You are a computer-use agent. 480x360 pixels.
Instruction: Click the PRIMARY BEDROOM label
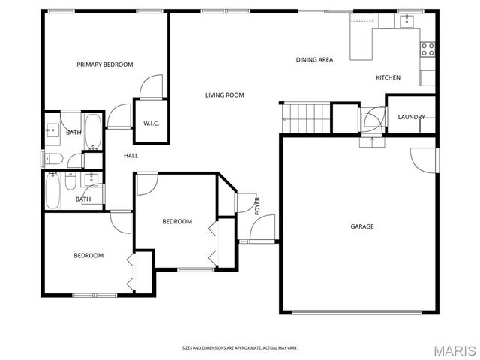coord(104,64)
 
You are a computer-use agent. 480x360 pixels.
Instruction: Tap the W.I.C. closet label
coord(151,124)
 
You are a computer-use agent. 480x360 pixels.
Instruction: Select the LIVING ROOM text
coord(225,94)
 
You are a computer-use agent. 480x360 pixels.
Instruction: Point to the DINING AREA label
coord(314,59)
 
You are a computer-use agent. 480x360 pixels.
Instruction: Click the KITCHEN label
coord(388,77)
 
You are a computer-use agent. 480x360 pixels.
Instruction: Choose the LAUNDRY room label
coord(411,117)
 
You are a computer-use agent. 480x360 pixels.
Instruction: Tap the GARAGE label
coord(361,226)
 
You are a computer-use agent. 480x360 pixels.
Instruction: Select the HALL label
coord(130,155)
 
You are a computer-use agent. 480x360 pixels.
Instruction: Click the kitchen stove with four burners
coord(428,49)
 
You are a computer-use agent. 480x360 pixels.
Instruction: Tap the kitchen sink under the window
coord(408,22)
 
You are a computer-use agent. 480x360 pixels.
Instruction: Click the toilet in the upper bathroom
coord(52,158)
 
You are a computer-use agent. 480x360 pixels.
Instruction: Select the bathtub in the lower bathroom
coord(54,190)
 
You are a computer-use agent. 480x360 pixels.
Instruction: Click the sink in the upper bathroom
coord(52,129)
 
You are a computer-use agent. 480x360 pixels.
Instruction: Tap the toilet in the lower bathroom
coord(70,181)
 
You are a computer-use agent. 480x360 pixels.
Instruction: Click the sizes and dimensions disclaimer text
coord(240,347)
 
